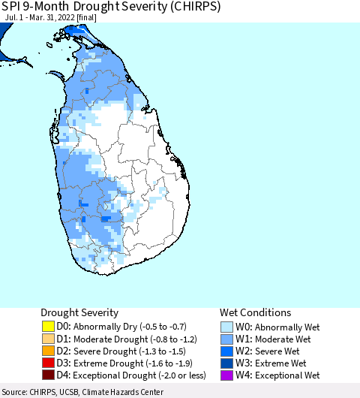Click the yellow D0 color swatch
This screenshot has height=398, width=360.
coord(48,327)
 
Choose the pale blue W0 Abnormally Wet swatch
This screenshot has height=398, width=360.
coord(227,327)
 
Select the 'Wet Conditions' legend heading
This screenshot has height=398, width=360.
coord(255,312)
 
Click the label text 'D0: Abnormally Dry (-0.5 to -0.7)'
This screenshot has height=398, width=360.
coord(124,327)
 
